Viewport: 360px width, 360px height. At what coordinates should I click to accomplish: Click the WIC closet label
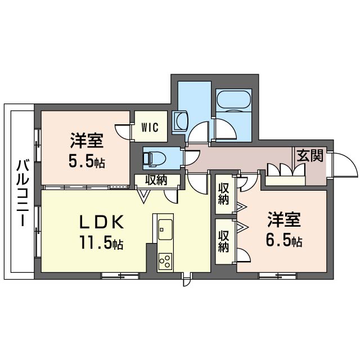(x=150, y=127)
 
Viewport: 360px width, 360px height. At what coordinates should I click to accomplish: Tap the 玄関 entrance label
(x=310, y=155)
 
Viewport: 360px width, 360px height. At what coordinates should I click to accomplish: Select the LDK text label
(x=101, y=222)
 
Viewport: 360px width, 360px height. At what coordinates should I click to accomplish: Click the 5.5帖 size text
(x=87, y=161)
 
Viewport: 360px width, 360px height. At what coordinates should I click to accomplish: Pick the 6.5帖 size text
(x=283, y=240)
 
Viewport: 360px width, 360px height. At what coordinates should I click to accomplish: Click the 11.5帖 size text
(x=101, y=242)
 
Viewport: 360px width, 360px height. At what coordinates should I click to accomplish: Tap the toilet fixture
(x=154, y=158)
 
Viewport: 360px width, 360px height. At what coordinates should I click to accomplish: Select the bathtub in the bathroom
(x=234, y=100)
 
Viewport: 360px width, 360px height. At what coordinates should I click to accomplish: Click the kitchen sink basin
(x=165, y=229)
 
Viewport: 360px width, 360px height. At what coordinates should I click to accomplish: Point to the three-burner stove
(x=165, y=261)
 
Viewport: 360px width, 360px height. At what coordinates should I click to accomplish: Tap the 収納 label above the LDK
(x=156, y=180)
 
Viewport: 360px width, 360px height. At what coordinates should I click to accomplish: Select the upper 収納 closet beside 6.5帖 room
(x=223, y=194)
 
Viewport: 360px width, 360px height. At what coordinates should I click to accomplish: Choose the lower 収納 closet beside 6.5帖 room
(x=223, y=241)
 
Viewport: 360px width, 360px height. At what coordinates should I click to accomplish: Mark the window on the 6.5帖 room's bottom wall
(x=278, y=276)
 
